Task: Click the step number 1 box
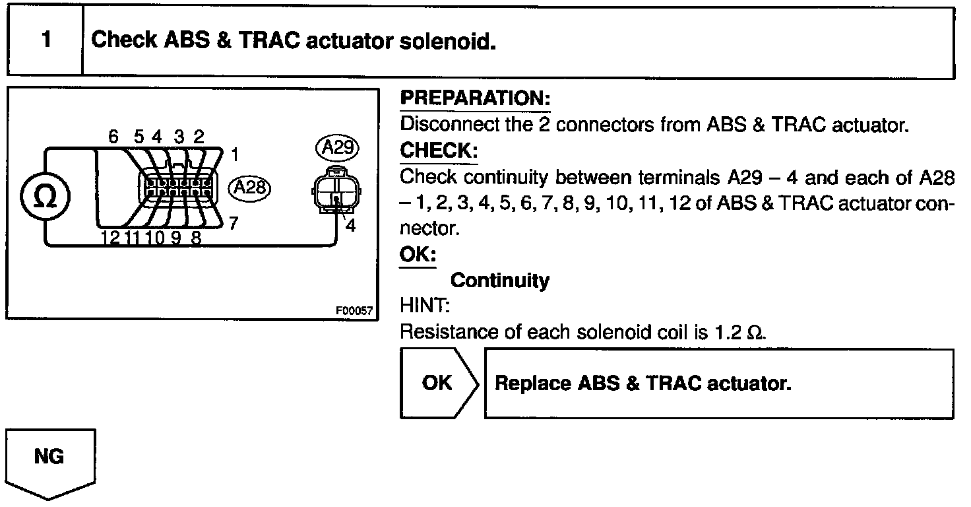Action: pos(45,41)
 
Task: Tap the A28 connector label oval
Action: pos(249,187)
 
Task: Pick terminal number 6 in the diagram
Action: pos(113,137)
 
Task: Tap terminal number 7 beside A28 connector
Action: pos(234,223)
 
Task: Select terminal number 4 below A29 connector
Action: pos(350,226)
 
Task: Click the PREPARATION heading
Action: pos(475,99)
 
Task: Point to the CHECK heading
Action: pos(439,151)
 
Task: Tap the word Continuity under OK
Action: pos(499,281)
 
